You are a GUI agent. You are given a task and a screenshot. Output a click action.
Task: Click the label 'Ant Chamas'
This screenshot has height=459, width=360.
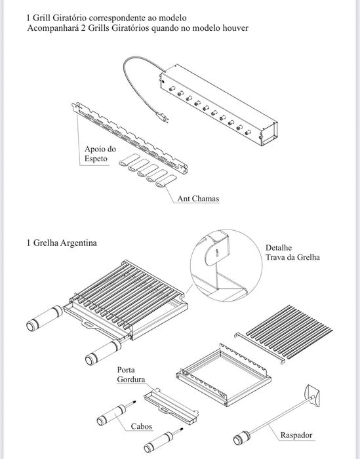198,199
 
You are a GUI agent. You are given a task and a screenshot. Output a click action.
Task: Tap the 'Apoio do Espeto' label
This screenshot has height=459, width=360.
100,153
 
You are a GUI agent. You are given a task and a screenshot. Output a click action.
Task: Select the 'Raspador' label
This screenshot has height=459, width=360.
296,435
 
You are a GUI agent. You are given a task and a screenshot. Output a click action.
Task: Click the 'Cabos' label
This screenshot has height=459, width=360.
142,426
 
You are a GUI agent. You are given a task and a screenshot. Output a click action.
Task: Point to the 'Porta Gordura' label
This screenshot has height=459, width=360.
131,374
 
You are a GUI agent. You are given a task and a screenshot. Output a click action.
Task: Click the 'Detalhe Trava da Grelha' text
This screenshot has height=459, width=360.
292,252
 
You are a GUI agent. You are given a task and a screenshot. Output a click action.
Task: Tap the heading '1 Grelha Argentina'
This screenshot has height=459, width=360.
62,243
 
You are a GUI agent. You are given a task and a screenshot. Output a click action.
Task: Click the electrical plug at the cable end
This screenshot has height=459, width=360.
163,117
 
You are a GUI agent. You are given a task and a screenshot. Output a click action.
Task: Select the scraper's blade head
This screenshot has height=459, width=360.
312,396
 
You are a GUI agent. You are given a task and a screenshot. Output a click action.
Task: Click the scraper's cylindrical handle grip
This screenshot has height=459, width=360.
241,438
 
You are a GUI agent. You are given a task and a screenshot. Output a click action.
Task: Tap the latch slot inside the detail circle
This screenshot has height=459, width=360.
217,253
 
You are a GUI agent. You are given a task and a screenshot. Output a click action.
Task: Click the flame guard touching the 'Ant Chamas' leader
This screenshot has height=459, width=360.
167,181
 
